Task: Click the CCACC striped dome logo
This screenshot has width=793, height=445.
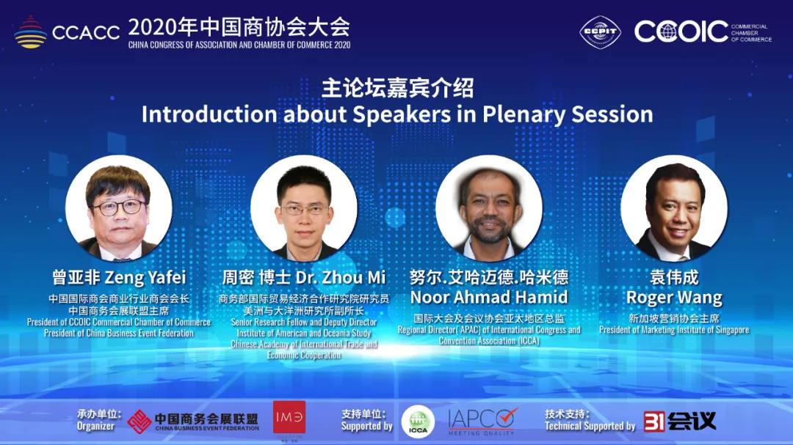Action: pyautogui.click(x=30, y=32)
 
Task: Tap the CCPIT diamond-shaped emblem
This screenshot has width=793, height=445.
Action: pyautogui.click(x=601, y=32)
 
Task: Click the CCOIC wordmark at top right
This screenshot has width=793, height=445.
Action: pyautogui.click(x=681, y=32)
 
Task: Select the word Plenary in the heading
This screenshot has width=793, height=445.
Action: pyautogui.click(x=524, y=114)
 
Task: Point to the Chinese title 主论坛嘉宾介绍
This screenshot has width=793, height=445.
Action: pyautogui.click(x=397, y=88)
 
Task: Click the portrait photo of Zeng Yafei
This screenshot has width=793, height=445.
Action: pyautogui.click(x=119, y=208)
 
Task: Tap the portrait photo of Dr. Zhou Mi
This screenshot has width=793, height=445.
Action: pyautogui.click(x=304, y=208)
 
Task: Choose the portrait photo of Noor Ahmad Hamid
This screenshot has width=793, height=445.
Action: pyautogui.click(x=489, y=208)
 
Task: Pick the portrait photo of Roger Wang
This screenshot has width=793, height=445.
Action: pyautogui.click(x=674, y=208)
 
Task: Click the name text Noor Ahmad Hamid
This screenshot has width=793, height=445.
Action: pyautogui.click(x=489, y=297)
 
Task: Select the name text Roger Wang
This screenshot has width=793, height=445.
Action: pyautogui.click(x=674, y=298)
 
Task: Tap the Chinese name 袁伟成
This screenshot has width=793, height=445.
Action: pyautogui.click(x=674, y=277)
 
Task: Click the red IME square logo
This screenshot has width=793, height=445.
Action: pyautogui.click(x=289, y=417)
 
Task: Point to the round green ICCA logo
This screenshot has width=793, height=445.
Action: pyautogui.click(x=418, y=422)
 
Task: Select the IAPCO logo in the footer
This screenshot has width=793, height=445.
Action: pyautogui.click(x=482, y=422)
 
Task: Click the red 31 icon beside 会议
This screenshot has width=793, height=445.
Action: pyautogui.click(x=654, y=422)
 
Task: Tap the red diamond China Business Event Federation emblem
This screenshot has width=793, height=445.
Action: pyautogui.click(x=139, y=422)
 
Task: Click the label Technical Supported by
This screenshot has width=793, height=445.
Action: pyautogui.click(x=590, y=426)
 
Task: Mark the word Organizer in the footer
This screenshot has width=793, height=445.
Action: pyautogui.click(x=95, y=426)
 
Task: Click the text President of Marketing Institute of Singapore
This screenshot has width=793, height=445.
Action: pyautogui.click(x=674, y=330)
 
